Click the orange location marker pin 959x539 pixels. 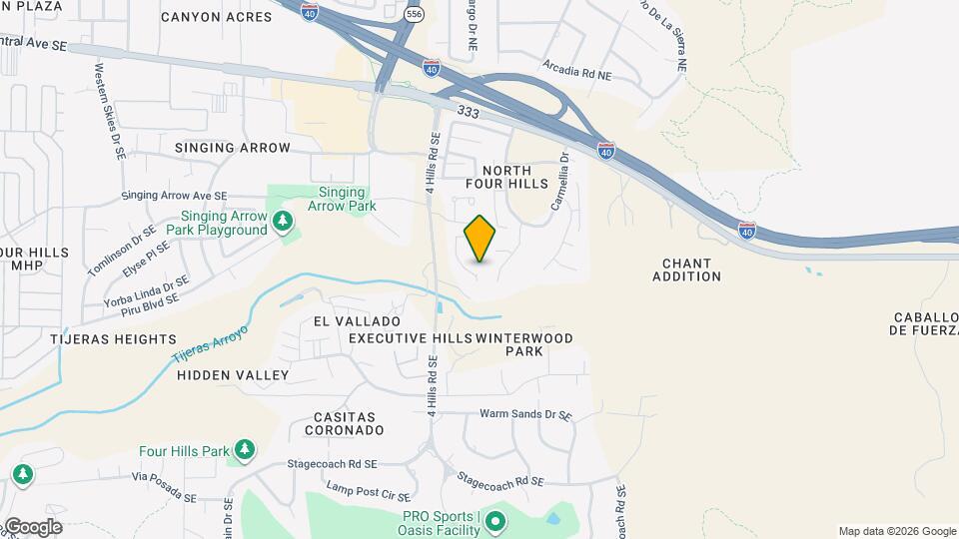coord(480,239)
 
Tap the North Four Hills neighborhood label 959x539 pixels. coord(508,177)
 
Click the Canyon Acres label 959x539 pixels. coord(216,17)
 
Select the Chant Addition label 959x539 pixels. coord(686,269)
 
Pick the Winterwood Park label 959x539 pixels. coord(525,344)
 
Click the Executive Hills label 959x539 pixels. coord(411,338)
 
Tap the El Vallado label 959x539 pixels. coord(357,321)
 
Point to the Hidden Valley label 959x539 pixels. coord(233,375)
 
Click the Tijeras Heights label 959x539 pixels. coord(114,339)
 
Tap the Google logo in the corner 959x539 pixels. coord(32,526)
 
